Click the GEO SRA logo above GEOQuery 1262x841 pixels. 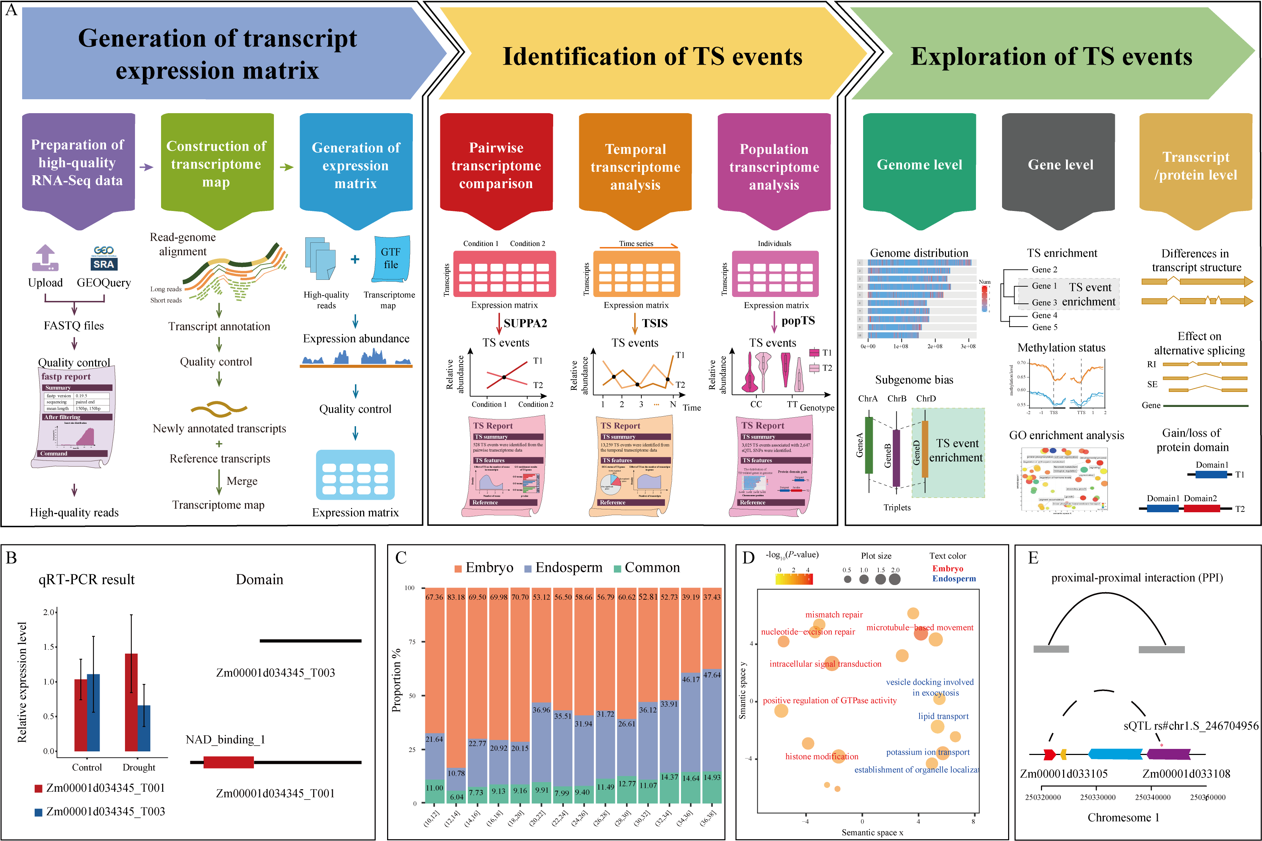[104, 258]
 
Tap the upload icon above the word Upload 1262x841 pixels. [45, 258]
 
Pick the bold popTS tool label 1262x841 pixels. [798, 321]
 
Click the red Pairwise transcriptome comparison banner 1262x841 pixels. [496, 166]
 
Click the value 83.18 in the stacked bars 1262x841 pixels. [456, 597]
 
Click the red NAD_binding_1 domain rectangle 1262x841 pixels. [229, 762]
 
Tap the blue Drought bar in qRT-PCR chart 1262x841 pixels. [144, 728]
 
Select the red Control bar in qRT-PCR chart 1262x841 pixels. [80, 715]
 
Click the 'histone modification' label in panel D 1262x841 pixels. [821, 756]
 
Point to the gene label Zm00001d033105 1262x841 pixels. [1063, 774]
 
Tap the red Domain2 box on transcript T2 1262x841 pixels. [1201, 508]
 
